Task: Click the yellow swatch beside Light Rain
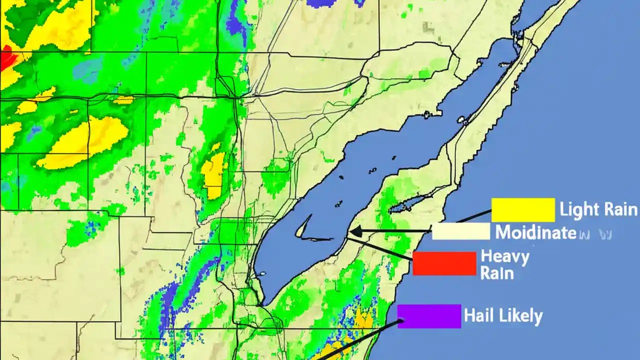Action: [523, 210]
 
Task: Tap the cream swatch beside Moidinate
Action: [461, 231]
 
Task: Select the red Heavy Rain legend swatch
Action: [444, 263]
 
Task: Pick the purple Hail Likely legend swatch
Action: [429, 316]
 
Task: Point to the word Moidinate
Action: [535, 232]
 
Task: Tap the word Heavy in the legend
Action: [504, 257]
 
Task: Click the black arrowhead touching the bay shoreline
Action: [354, 231]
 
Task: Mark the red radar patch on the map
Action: [7, 59]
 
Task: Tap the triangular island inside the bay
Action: [301, 230]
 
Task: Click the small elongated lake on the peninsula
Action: [407, 204]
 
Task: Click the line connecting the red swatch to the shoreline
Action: [380, 249]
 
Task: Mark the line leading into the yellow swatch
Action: [472, 216]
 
